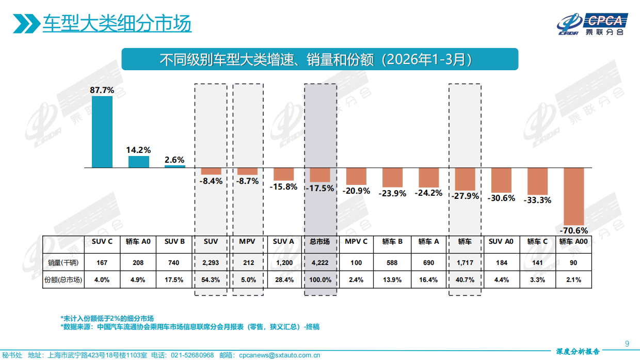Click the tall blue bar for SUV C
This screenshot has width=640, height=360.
pos(102,132)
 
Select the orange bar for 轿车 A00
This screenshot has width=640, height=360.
pos(573,196)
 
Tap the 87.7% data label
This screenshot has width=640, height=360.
pos(102,90)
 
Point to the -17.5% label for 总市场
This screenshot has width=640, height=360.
pos(320,188)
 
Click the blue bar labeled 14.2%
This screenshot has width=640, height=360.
pos(138,162)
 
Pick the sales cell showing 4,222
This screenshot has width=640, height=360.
pos(320,262)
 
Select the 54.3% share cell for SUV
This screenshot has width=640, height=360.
pos(211,279)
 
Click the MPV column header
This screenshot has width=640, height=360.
pos(248,241)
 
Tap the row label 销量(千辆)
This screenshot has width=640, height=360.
pos(63,262)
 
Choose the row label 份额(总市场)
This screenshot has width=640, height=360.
pos(63,279)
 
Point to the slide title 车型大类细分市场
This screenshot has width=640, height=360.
pos(117,23)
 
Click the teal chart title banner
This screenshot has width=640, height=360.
pos(319,59)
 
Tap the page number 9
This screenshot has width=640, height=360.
pos(627,343)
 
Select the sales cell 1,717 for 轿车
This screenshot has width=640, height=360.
pos(465,262)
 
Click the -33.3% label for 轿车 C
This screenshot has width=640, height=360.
pos(537,200)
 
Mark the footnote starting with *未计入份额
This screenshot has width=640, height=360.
pos(107,318)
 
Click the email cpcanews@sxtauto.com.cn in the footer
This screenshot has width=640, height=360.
pos(279,355)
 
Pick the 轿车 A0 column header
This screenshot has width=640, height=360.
pos(138,241)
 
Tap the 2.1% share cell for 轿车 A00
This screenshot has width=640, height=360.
pos(573,279)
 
